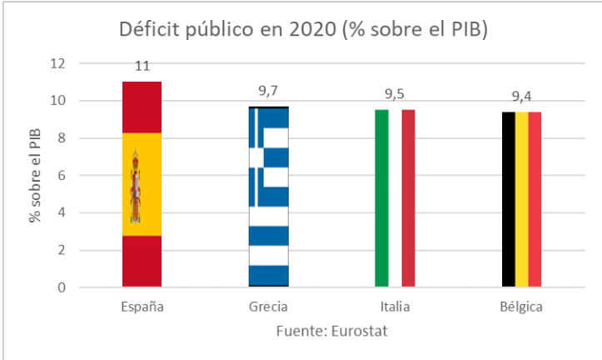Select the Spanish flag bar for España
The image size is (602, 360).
(142, 184)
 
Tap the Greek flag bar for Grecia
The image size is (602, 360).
(268, 197)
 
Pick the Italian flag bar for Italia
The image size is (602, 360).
(395, 198)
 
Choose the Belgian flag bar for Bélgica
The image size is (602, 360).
(521, 199)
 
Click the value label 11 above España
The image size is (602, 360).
(142, 66)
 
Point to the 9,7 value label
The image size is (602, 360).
(268, 91)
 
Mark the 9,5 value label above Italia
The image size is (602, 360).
(395, 94)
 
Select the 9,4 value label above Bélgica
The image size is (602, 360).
(521, 96)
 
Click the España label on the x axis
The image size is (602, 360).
(142, 307)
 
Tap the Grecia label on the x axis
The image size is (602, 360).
(268, 307)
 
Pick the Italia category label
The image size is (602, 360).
(395, 307)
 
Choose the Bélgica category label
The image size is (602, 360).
(521, 307)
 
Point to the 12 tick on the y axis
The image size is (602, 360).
(57, 63)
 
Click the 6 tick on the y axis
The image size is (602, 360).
(61, 176)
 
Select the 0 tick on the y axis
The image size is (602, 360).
(61, 287)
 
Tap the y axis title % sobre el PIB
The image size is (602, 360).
(35, 176)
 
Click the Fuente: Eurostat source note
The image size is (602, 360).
(331, 331)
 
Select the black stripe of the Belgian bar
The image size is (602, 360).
(508, 199)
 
